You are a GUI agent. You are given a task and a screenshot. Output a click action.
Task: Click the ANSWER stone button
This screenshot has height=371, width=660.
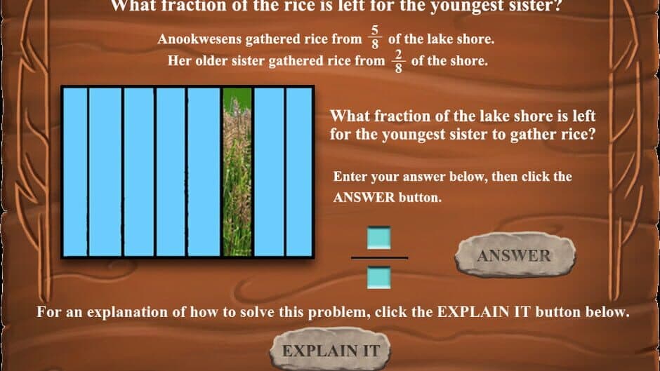515,255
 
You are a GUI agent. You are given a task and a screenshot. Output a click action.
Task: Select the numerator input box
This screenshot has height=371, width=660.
379,238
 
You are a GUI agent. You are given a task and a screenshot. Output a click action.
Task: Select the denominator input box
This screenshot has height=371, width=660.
379,278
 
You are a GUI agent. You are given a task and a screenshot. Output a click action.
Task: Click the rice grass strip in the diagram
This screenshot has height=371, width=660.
237,172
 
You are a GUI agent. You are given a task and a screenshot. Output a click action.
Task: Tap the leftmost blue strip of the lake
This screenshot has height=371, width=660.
75,172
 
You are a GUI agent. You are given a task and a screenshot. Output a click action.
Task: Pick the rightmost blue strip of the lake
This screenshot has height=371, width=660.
299,172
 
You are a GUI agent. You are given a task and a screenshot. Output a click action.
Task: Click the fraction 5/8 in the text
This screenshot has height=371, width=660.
375,37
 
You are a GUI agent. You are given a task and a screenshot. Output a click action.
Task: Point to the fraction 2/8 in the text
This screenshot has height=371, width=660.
398,61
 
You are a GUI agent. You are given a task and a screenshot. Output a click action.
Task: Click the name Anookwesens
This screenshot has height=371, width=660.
199,39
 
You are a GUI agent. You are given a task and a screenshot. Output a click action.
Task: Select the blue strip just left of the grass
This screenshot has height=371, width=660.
204,172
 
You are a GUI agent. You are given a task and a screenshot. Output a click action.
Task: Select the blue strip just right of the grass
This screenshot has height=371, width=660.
269,172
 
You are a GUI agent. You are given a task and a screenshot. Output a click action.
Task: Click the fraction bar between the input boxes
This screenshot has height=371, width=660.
379,257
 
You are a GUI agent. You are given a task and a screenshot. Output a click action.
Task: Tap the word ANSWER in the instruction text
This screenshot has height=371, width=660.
364,197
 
